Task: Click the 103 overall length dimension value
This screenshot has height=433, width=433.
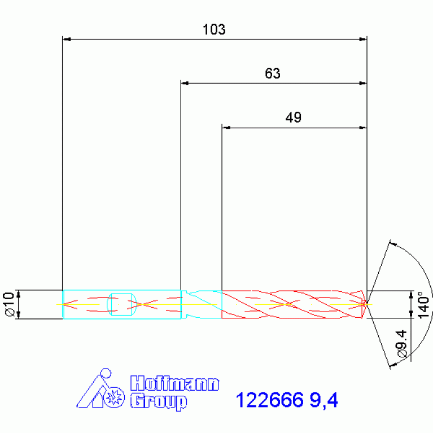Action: [214, 29]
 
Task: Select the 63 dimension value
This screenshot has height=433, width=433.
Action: [273, 73]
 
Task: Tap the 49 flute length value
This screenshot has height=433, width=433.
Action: [293, 117]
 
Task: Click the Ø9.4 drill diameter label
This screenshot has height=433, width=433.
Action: [402, 344]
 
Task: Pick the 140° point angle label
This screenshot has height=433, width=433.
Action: [424, 305]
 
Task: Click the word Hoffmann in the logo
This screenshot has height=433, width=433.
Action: [174, 383]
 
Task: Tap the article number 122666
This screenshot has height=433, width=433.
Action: [269, 400]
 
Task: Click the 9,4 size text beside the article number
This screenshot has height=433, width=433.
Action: [323, 400]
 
